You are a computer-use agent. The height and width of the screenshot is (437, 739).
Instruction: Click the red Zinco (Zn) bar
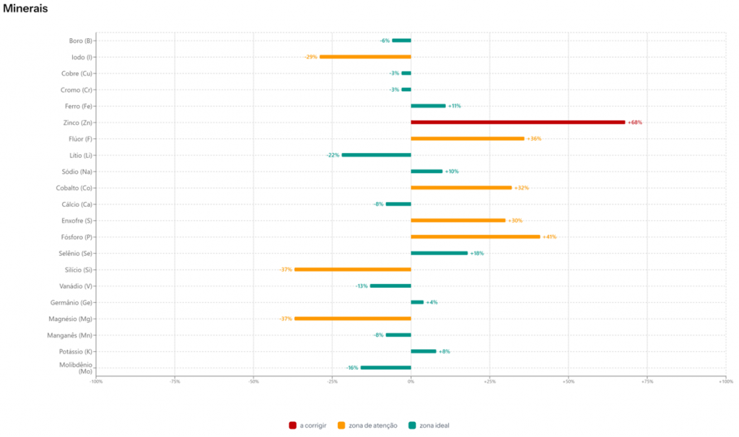(517, 123)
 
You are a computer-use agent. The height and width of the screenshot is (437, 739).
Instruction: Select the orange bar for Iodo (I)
(364, 57)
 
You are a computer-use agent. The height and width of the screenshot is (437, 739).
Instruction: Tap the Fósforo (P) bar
(475, 237)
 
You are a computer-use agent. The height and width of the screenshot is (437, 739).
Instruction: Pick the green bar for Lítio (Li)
(376, 155)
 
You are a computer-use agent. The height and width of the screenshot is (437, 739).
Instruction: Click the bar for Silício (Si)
(352, 270)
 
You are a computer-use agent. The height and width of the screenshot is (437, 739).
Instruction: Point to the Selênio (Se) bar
(439, 253)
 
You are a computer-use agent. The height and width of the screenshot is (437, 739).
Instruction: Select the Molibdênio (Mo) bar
(385, 368)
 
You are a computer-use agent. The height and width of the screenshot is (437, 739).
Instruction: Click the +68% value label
(635, 123)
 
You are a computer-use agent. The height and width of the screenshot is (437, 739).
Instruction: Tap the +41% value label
(549, 237)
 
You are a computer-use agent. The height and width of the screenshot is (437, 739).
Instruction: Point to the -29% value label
(310, 57)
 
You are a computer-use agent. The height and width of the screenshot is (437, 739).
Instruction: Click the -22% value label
(332, 155)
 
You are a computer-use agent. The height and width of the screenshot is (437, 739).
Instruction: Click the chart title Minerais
(25, 9)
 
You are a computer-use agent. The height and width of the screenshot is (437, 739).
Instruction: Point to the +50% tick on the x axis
(568, 381)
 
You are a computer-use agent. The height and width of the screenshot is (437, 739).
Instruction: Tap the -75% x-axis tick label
(175, 381)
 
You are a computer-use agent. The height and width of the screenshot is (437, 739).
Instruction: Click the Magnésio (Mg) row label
(71, 319)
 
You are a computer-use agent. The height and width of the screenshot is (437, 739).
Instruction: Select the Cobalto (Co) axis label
(74, 188)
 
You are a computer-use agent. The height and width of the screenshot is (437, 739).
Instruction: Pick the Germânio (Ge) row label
(71, 303)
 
